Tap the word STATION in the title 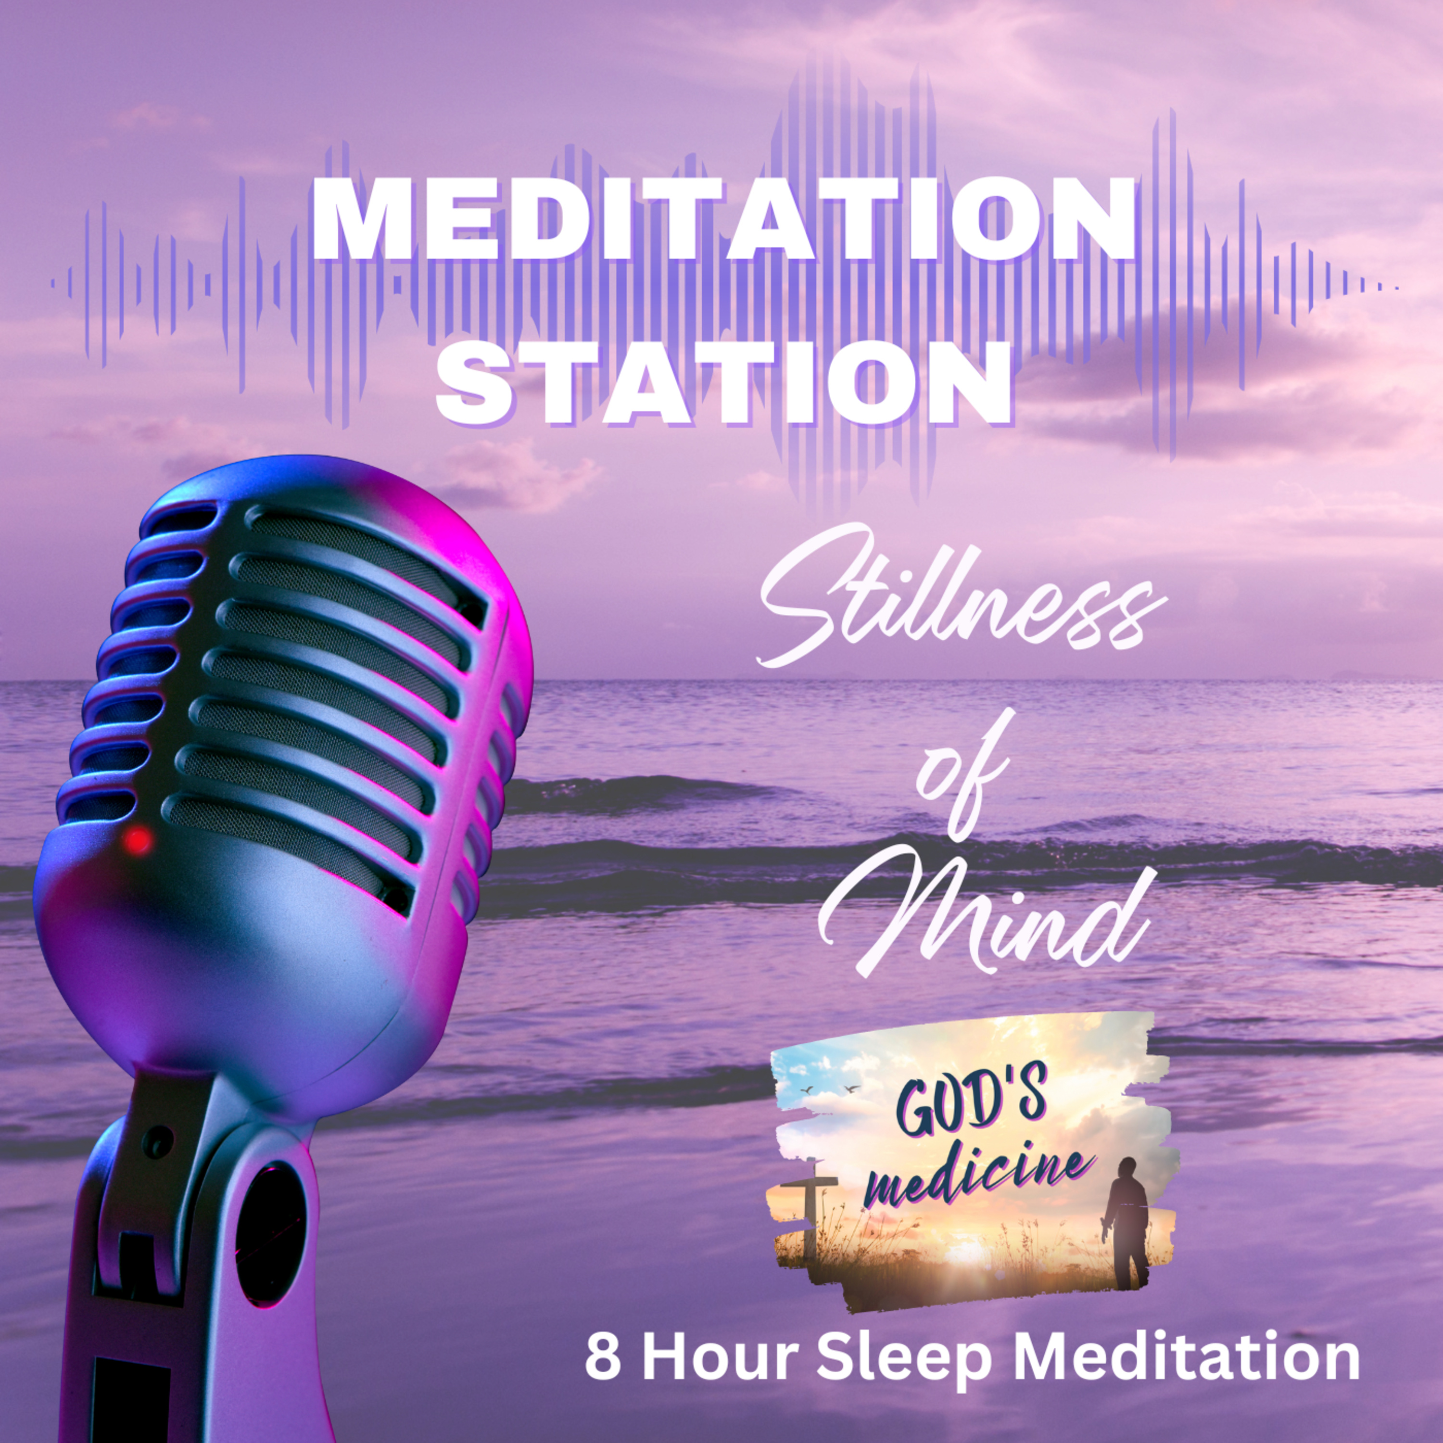[x=723, y=384]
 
